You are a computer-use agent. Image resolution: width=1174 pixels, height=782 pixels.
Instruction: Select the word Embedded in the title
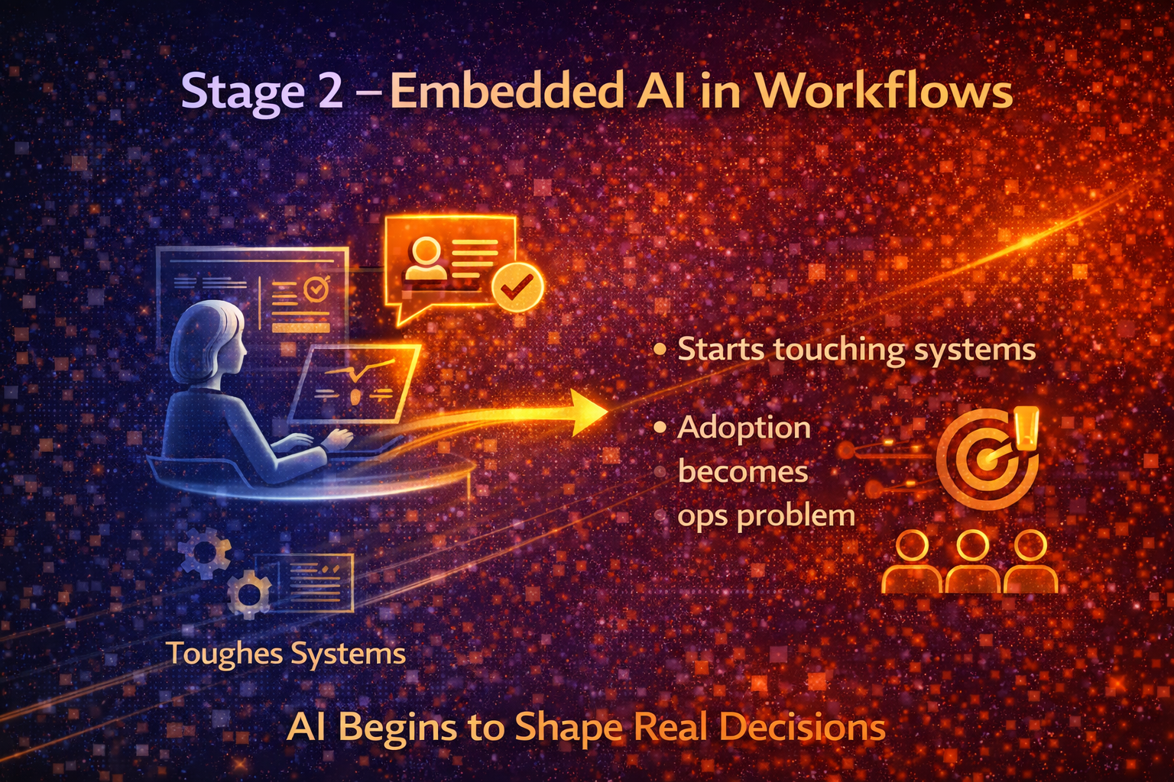pyautogui.click(x=507, y=92)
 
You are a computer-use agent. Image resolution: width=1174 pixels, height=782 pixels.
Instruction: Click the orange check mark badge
pyautogui.click(x=517, y=287)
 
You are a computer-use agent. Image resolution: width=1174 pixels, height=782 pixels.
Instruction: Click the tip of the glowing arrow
pyautogui.click(x=604, y=412)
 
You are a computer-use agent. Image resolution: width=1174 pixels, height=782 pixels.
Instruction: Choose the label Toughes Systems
pyautogui.click(x=285, y=654)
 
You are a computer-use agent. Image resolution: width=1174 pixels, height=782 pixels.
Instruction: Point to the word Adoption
pyautogui.click(x=744, y=428)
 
